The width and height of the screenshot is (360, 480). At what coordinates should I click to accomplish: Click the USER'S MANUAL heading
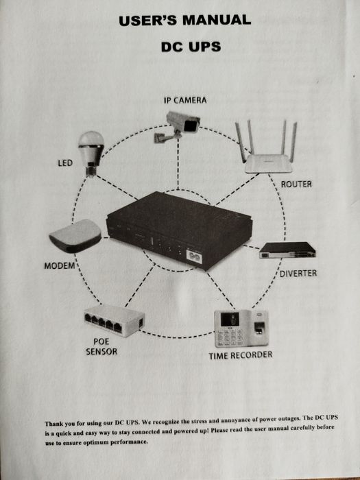pos(185,21)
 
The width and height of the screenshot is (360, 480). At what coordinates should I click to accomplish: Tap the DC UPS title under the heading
pos(191,47)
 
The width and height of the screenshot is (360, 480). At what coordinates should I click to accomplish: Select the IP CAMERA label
pos(185,100)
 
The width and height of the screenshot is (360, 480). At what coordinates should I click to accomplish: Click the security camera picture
pos(177,126)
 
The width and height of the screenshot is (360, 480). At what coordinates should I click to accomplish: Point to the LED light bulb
pos(91,153)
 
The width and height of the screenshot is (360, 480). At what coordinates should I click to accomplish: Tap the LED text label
pos(65,163)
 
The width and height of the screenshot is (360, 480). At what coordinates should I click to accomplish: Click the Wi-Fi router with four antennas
pos(267,147)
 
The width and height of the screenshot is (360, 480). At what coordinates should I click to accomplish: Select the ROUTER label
pos(296,184)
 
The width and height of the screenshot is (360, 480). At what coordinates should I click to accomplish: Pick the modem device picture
pos(75,236)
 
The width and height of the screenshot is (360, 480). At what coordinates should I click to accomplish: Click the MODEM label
pos(60,266)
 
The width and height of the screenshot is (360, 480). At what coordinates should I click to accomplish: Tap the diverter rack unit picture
pos(287,250)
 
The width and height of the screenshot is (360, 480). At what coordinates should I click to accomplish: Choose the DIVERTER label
pos(298,274)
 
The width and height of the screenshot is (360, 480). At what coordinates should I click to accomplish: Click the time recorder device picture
pos(241,328)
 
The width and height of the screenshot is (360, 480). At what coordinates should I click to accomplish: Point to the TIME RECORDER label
pos(241,355)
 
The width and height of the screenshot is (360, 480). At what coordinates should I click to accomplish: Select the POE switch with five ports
pos(115,320)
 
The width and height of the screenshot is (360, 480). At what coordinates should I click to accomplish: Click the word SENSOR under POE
pos(101,351)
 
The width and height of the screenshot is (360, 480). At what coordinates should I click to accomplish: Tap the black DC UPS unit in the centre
pos(179,230)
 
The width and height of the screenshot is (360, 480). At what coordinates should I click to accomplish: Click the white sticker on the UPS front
pos(193,257)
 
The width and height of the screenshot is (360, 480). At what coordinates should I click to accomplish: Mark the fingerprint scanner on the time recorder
pos(259,327)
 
